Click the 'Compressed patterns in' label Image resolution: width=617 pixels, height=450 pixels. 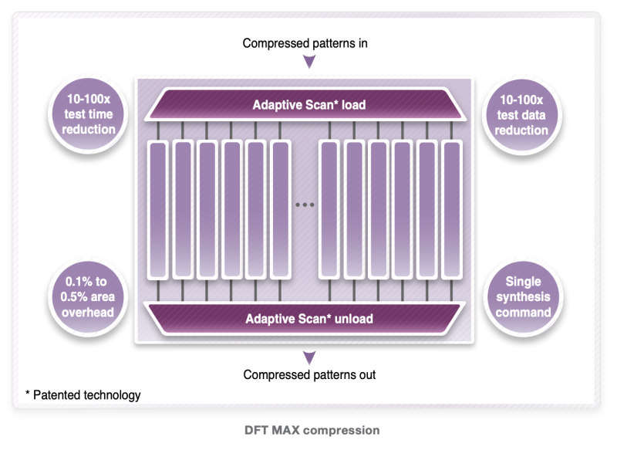tap(305, 43)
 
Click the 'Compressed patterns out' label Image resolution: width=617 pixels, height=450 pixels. tap(309, 375)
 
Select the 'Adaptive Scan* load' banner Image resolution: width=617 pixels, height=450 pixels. tap(309, 104)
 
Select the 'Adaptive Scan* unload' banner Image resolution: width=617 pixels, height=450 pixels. tap(309, 318)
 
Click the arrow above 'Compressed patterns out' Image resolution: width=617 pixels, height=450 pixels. tap(309, 357)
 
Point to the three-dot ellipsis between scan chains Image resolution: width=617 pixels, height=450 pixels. tap(305, 205)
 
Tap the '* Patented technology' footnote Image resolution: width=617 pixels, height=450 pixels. tap(83, 395)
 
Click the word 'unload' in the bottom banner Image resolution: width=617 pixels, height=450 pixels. tap(354, 318)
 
